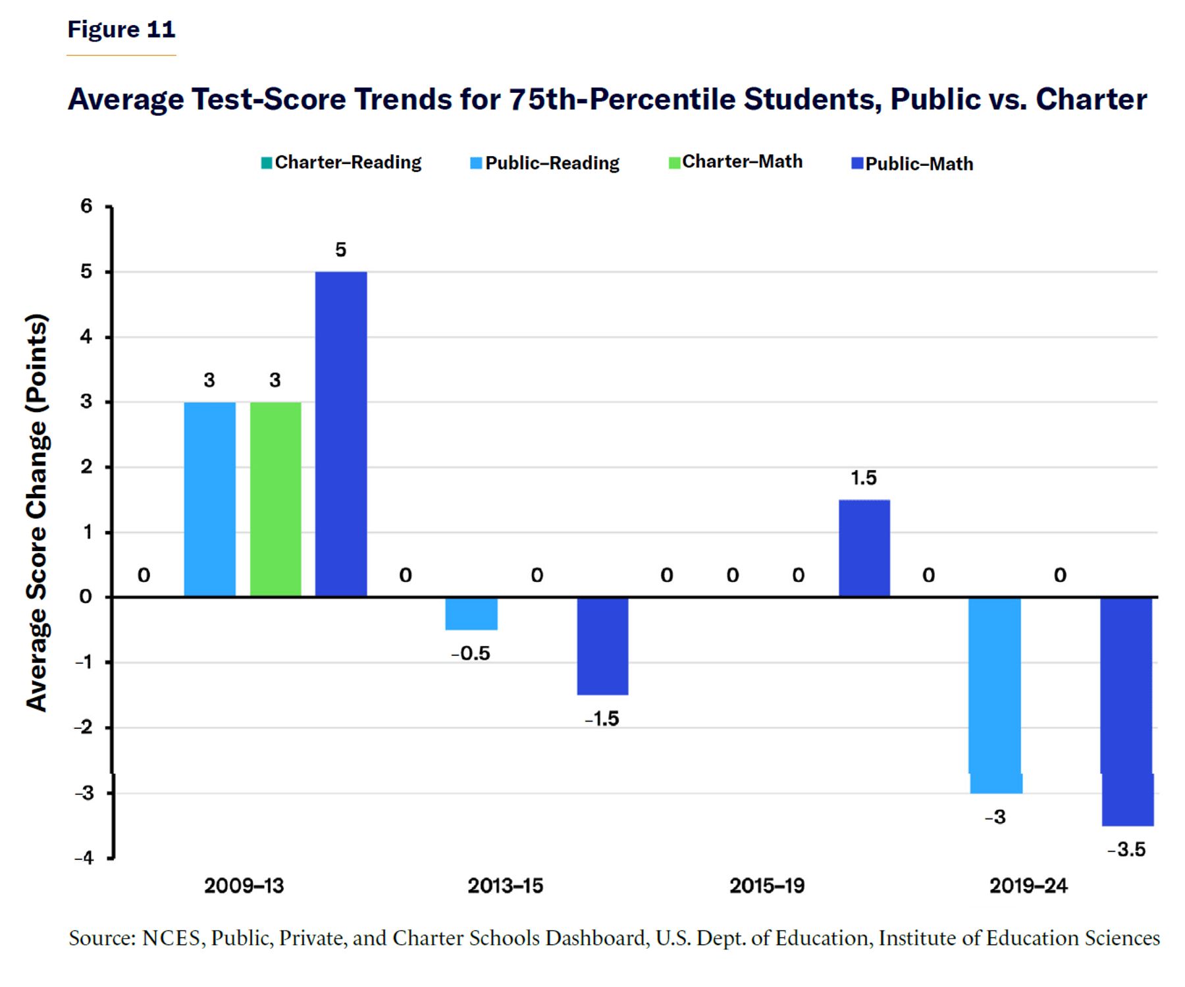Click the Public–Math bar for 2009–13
point(341,434)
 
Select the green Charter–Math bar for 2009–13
point(276,499)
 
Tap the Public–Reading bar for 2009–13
point(210,499)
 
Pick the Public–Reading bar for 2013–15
point(471,614)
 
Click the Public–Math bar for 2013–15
point(602,646)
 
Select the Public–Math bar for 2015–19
point(864,548)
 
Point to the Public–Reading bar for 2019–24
point(995,695)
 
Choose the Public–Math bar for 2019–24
point(1126,712)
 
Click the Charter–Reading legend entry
point(341,163)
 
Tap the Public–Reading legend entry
point(544,163)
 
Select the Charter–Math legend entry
point(735,162)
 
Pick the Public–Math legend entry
point(912,163)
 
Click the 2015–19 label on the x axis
point(767,886)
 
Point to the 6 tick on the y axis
point(86,206)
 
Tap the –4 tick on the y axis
point(84,858)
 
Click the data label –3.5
point(1126,849)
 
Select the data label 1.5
point(864,477)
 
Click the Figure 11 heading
point(121,29)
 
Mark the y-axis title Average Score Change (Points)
point(37,512)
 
